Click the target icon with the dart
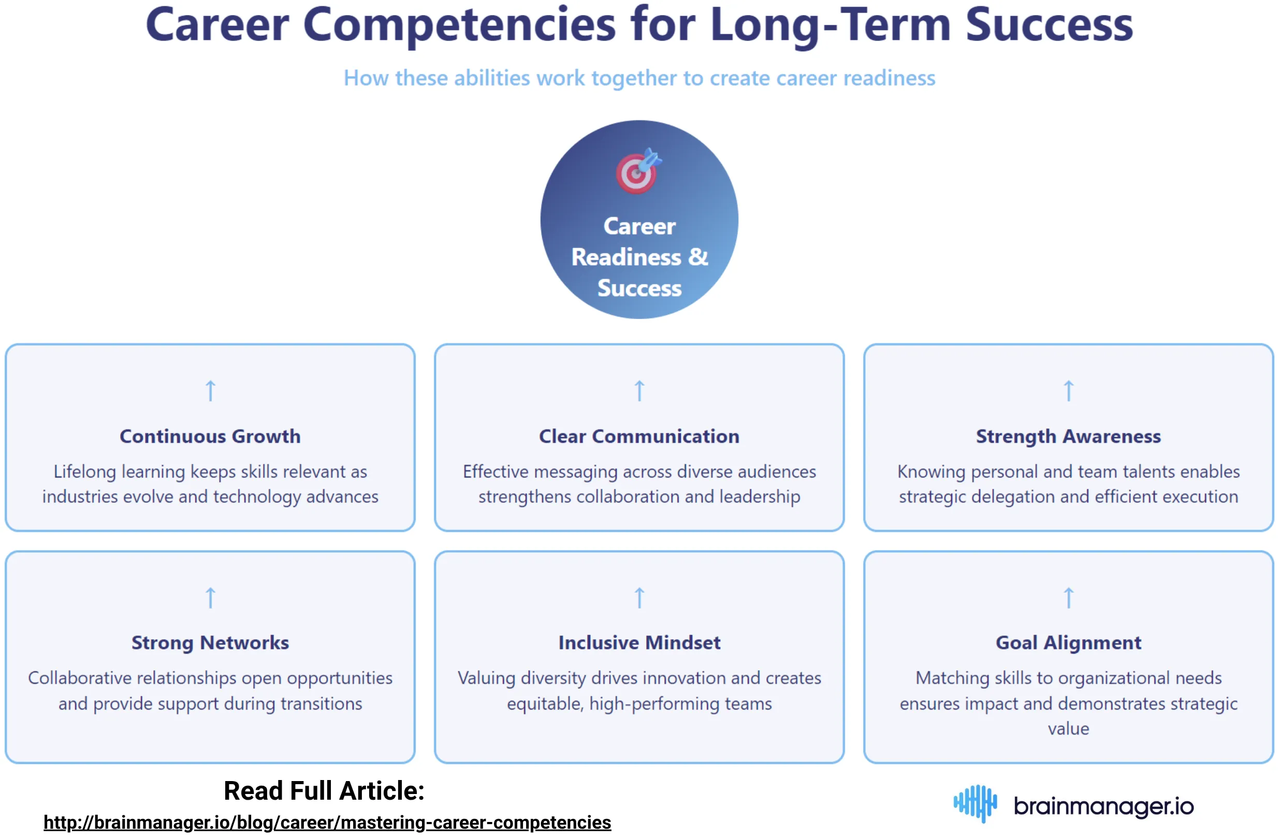(638, 171)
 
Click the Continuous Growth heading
(210, 436)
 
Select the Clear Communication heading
(639, 436)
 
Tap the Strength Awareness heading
(1068, 436)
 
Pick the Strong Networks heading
(210, 642)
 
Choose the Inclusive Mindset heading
(639, 642)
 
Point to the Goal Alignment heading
(1068, 642)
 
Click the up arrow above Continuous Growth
(210, 391)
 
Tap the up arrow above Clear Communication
(639, 391)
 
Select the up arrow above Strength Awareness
(1068, 391)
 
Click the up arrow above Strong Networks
(210, 598)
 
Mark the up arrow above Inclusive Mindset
(639, 598)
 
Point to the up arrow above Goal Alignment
(1068, 598)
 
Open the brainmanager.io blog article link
(327, 822)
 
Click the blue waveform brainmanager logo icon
(975, 803)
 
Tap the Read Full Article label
(324, 791)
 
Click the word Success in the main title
(1049, 25)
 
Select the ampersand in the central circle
(697, 257)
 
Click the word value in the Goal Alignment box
(1068, 728)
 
